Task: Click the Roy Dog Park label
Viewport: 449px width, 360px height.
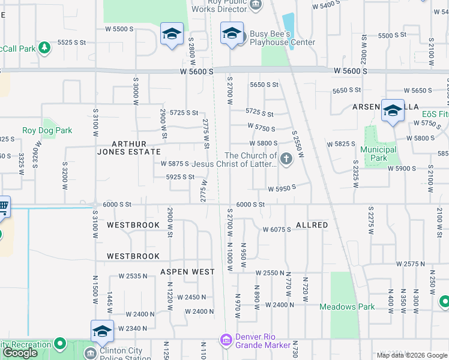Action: point(47,130)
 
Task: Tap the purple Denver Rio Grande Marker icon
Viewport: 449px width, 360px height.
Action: point(226,341)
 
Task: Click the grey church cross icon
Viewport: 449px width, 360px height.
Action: point(286,159)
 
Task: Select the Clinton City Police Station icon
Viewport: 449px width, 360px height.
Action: point(90,353)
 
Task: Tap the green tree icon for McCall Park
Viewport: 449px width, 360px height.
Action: point(43,47)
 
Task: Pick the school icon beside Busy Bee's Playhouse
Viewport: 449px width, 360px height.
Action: point(231,34)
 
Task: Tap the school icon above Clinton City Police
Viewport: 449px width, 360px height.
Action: point(103,331)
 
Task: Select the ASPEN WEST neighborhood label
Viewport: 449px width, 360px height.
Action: point(187,272)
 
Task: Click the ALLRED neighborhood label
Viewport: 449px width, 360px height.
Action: point(312,225)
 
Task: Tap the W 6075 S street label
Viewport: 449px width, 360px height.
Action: point(277,230)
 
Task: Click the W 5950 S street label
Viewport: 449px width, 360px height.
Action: point(281,188)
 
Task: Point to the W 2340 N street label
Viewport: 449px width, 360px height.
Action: point(133,328)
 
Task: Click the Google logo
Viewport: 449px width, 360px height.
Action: point(20,353)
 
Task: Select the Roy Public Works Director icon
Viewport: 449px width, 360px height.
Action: point(256,5)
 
